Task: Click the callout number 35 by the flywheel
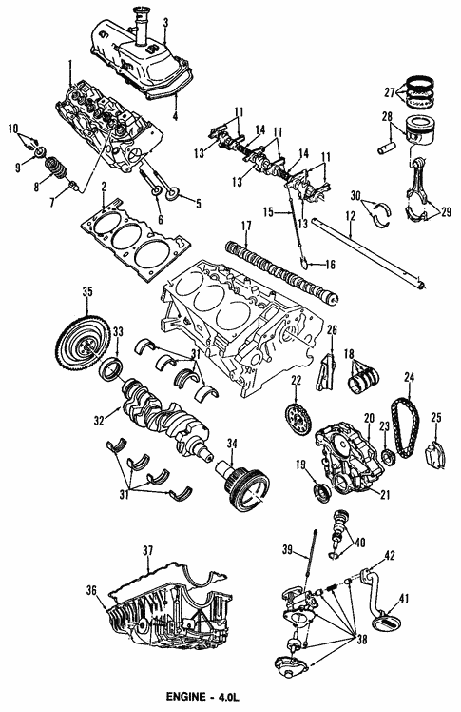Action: click(86, 292)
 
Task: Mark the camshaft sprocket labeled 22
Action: click(297, 417)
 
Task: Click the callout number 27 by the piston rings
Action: click(389, 92)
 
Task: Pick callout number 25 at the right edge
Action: click(437, 417)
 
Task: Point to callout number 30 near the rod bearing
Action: click(355, 195)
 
